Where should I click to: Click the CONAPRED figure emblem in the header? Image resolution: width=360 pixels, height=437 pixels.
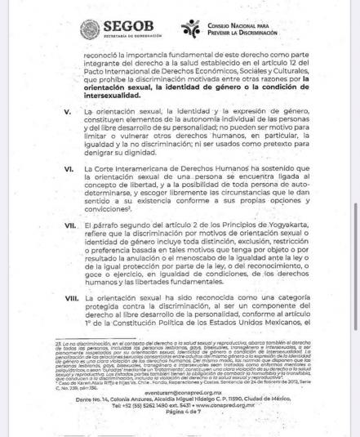point(191,29)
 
